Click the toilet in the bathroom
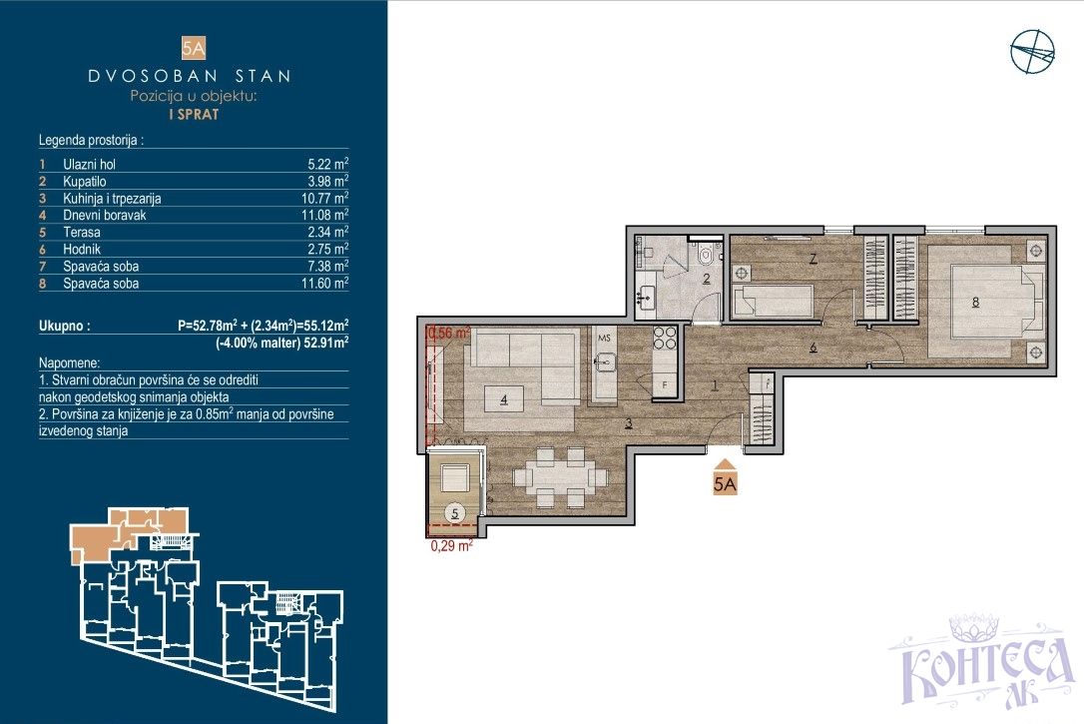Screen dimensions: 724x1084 coord(706,254)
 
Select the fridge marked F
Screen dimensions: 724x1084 coord(665,384)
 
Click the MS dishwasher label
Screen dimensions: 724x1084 coord(604,339)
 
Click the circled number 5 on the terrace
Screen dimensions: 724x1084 coord(455,513)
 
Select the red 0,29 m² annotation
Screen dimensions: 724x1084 coord(451,545)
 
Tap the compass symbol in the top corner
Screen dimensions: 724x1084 coord(1032,52)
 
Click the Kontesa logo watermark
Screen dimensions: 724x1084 coord(981,662)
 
